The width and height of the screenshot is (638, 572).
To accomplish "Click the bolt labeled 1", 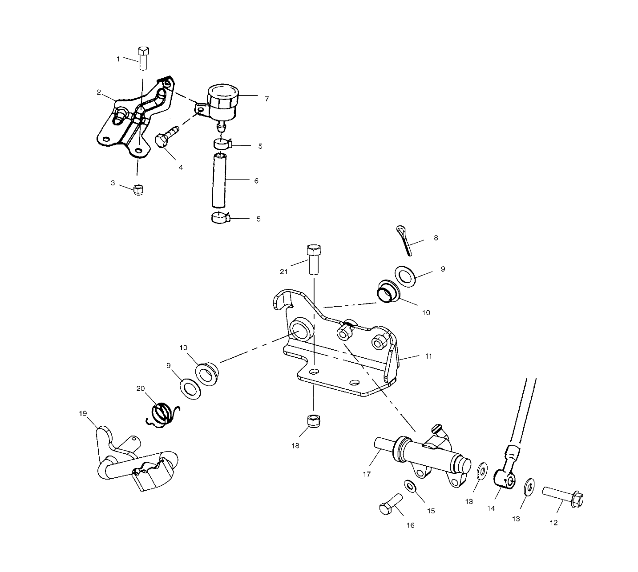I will click(x=143, y=58).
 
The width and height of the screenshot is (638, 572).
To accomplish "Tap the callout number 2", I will click(x=99, y=92).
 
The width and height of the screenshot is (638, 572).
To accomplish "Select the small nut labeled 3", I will click(x=139, y=190).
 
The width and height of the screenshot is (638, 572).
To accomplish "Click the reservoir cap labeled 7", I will click(x=222, y=95).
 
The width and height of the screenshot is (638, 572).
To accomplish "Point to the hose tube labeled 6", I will click(x=220, y=180).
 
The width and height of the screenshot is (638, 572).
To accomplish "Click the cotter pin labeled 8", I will click(x=404, y=240).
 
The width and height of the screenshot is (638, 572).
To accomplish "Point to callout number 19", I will click(x=83, y=413).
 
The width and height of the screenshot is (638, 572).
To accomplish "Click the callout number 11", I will click(x=428, y=356).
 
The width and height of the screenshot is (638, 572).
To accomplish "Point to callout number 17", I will click(x=367, y=474).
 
